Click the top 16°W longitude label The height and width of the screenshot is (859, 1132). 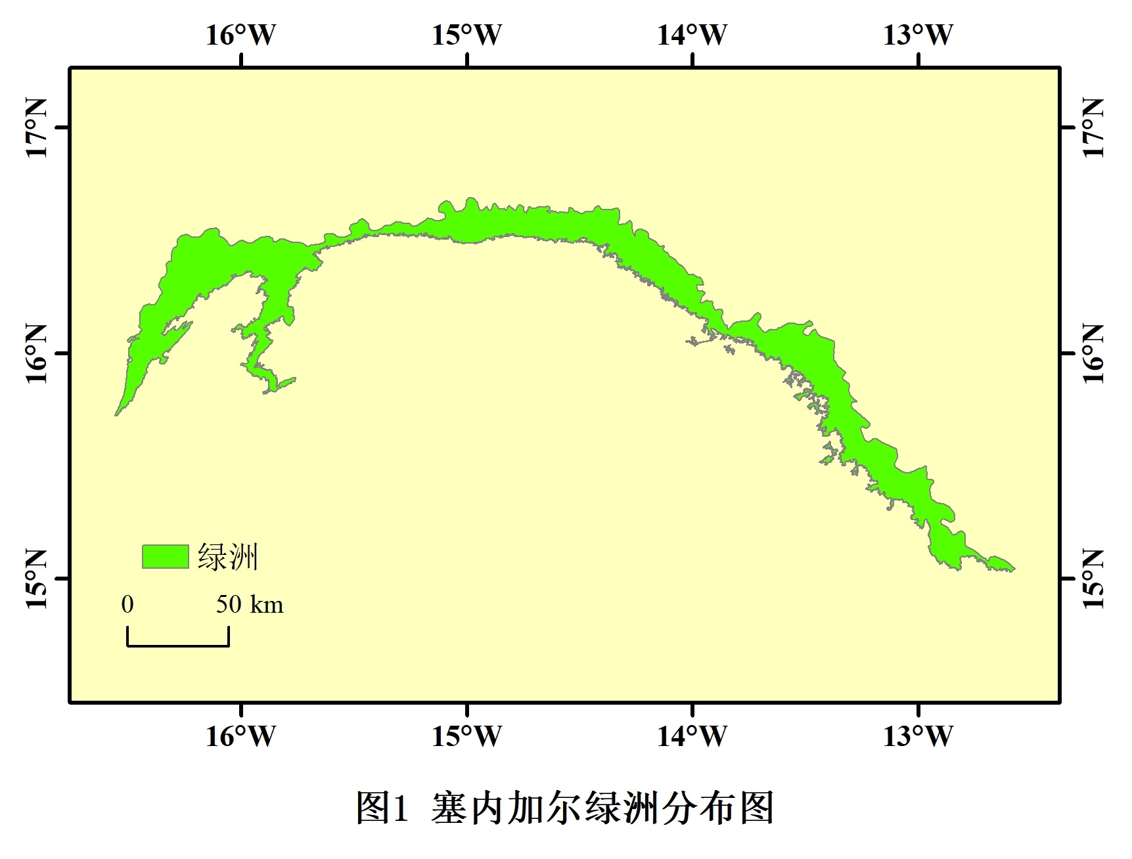241,35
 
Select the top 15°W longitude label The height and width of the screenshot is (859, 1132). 466,35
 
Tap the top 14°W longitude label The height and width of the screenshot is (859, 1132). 692,35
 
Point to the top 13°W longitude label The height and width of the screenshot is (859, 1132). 918,35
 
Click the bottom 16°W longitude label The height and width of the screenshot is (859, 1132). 241,736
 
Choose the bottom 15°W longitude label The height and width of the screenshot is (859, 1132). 466,736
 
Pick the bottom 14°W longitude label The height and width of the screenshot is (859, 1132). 692,736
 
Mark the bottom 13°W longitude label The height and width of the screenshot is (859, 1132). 918,736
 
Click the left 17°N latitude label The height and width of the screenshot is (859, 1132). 37,128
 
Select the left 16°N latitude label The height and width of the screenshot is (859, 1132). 37,353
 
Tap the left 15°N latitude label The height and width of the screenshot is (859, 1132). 37,579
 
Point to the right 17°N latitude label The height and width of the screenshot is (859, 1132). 1093,128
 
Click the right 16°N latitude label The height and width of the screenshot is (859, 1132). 1093,353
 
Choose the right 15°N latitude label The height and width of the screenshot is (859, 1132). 1093,579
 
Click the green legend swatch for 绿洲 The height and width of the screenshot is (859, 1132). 165,556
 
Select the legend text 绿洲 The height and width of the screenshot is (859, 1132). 227,557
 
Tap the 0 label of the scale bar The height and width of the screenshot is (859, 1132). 127,604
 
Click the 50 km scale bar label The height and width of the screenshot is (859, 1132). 250,604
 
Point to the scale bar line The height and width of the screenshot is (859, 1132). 178,646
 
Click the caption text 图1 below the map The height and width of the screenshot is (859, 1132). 382,808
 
